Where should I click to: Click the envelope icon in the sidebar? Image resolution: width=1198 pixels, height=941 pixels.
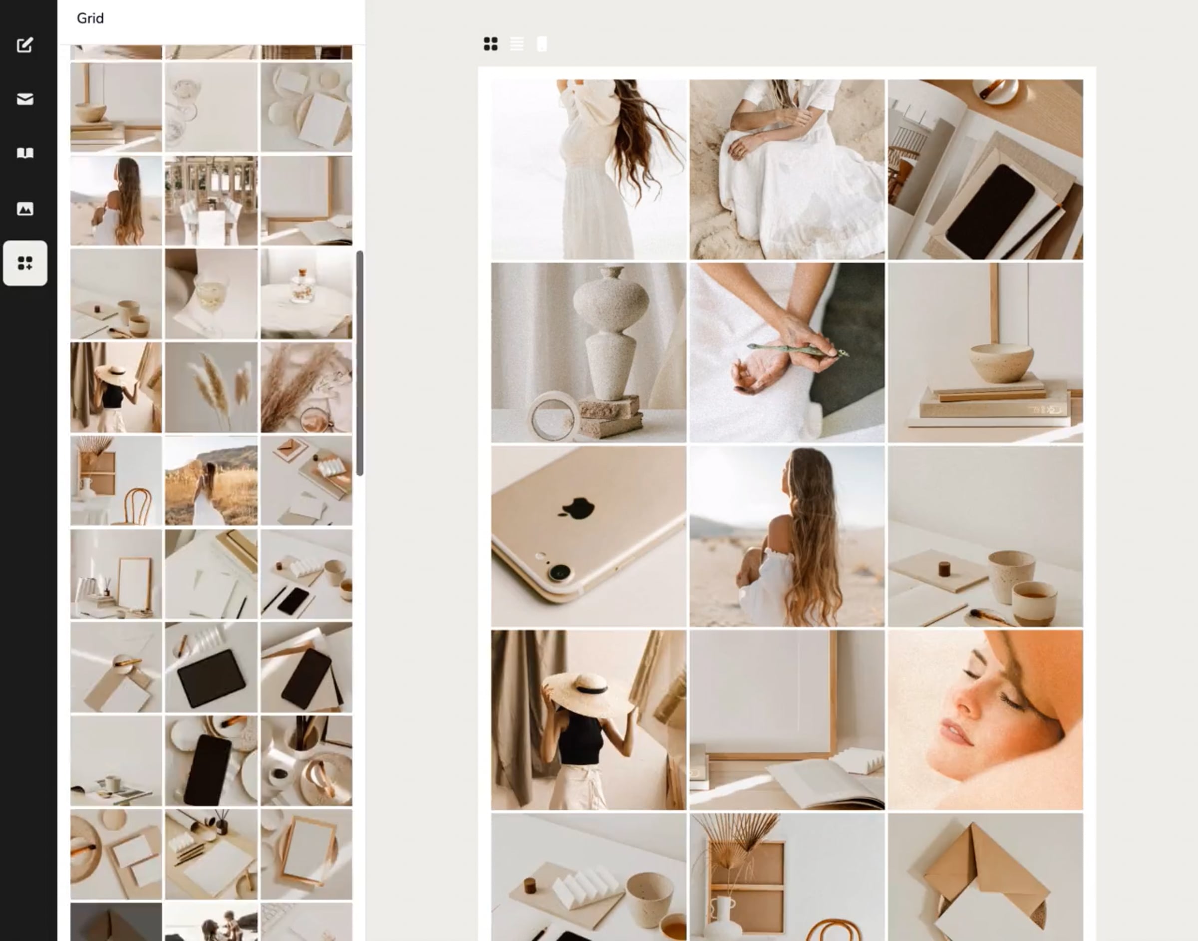25,99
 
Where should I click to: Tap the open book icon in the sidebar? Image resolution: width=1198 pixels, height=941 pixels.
25,153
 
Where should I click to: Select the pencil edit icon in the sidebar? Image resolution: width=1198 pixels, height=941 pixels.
25,44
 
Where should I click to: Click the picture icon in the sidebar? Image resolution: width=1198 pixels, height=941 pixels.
25,209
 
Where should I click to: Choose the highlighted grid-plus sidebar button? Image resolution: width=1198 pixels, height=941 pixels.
25,263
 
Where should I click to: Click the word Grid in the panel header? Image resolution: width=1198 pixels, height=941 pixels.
90,18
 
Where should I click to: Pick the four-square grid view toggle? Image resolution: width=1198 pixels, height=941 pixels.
491,43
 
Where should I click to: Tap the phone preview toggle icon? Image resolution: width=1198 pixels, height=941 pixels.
542,43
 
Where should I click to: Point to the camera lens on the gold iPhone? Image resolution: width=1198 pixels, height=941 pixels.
560,572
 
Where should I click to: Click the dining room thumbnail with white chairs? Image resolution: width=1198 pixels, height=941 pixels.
211,201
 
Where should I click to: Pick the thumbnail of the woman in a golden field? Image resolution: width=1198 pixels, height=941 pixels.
211,480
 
